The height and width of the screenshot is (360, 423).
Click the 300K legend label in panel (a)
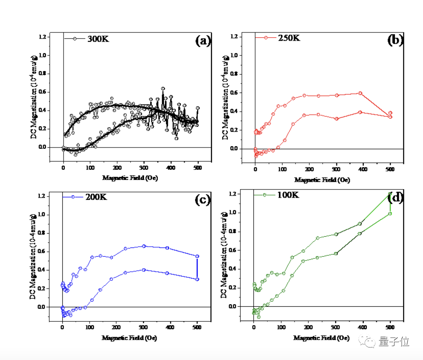coord(98,39)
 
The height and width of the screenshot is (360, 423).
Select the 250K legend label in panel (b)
coord(289,38)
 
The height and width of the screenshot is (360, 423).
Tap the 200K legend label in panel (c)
coord(96,197)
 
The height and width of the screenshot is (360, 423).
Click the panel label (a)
coord(203,41)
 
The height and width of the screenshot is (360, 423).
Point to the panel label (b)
coord(395,40)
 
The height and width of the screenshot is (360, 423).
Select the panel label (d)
coord(395,198)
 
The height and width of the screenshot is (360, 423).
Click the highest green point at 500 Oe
coord(390,194)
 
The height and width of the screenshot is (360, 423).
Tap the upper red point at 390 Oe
coord(360,93)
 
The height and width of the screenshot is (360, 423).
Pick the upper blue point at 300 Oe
coord(144,246)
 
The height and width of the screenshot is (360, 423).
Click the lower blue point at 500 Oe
coord(197,279)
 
